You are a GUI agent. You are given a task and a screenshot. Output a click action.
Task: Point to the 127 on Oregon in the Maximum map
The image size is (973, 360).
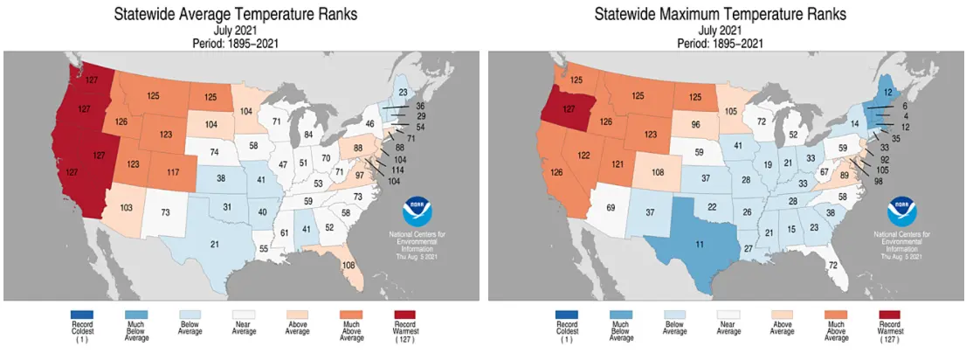coord(569,110)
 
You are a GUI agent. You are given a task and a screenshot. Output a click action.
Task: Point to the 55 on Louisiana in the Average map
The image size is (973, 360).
coord(263,249)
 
